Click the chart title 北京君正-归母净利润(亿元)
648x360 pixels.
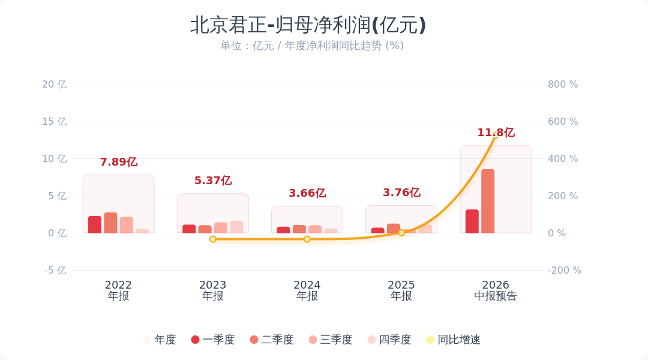pyautogui.click(x=308, y=25)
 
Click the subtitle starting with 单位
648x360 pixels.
pyautogui.click(x=311, y=46)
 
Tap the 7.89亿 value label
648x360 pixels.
pyautogui.click(x=119, y=161)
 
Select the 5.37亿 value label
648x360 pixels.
pyautogui.click(x=213, y=180)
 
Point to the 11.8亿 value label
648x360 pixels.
pyautogui.click(x=496, y=132)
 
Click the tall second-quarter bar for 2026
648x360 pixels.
pyautogui.click(x=488, y=201)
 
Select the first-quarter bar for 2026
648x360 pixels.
pyautogui.click(x=472, y=221)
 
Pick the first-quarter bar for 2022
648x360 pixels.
pyautogui.click(x=95, y=224)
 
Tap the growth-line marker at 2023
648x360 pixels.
pyautogui.click(x=213, y=239)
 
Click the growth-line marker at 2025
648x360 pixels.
pyautogui.click(x=401, y=233)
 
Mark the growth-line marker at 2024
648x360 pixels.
pyautogui.click(x=307, y=239)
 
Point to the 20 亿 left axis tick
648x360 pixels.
pyautogui.click(x=54, y=85)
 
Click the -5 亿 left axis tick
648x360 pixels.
pyautogui.click(x=55, y=271)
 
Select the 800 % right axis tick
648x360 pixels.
pyautogui.click(x=563, y=85)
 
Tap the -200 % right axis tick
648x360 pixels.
pyautogui.click(x=565, y=271)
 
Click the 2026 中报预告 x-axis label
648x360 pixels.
pyautogui.click(x=496, y=290)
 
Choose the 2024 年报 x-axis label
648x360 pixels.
pyautogui.click(x=307, y=290)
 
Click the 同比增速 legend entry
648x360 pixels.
pyautogui.click(x=454, y=340)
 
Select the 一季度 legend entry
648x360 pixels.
pyautogui.click(x=213, y=340)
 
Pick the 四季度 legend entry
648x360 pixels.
pyautogui.click(x=389, y=340)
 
